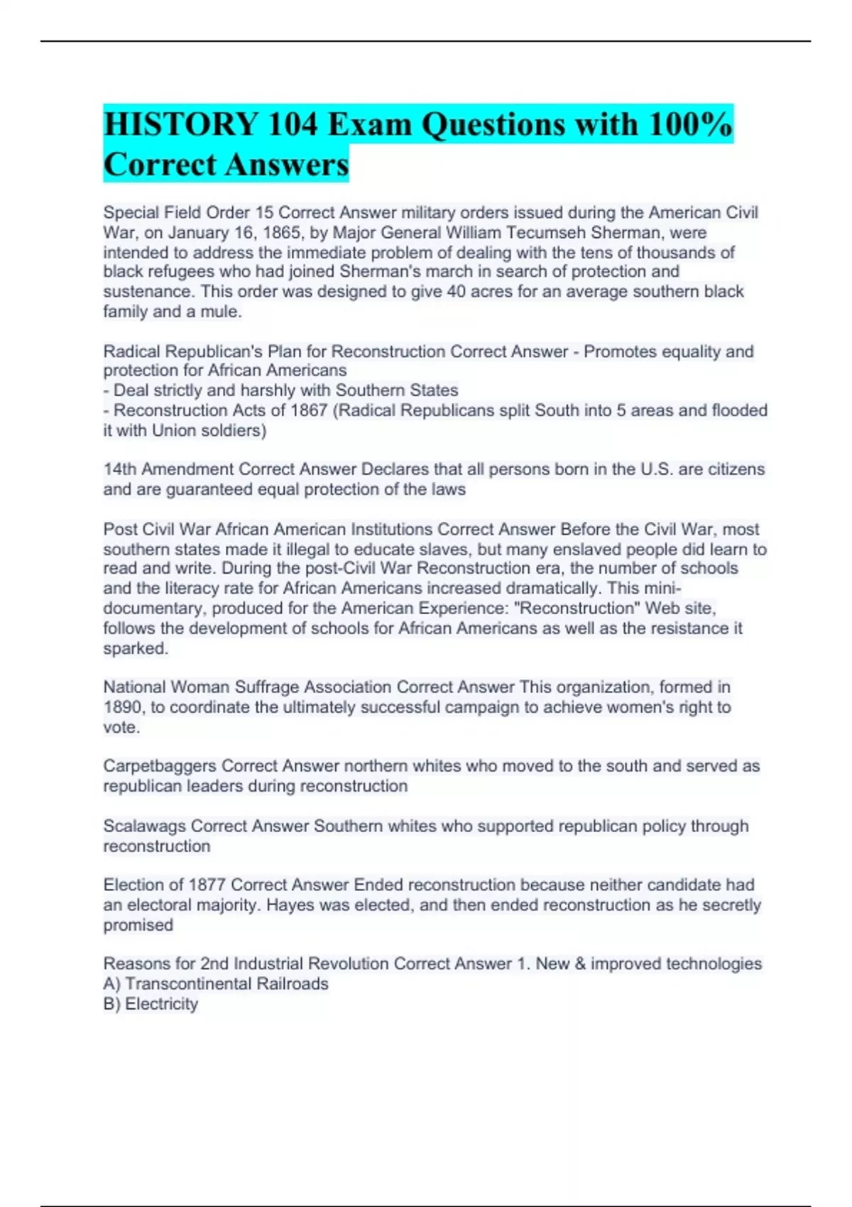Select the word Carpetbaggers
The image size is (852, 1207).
point(160,766)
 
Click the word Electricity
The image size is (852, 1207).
point(161,1004)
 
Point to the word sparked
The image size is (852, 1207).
point(136,648)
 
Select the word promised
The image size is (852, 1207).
point(138,925)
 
